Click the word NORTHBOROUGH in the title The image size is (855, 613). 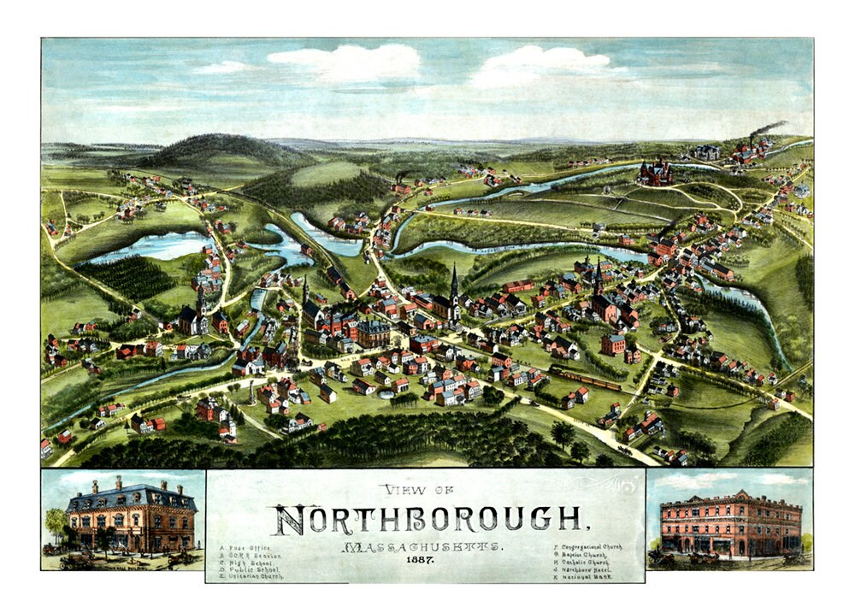(426, 519)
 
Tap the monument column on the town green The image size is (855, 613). (252, 392)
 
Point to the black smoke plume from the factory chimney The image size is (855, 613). (768, 128)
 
